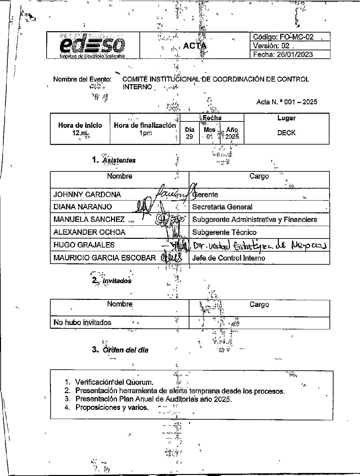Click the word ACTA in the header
tap(194, 46)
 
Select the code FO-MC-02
tap(297, 37)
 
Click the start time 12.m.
tap(80, 133)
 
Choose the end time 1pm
tap(145, 133)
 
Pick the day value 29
tap(189, 137)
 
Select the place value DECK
tap(286, 133)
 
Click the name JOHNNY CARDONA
tap(87, 195)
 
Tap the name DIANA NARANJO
tap(83, 207)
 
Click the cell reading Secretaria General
tap(222, 207)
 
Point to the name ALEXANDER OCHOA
tap(89, 232)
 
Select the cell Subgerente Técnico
tap(224, 232)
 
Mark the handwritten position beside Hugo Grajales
tap(259, 246)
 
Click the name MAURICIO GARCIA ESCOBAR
tap(105, 258)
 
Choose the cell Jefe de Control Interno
tap(229, 258)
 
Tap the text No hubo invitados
tap(82, 323)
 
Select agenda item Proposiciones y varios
tap(112, 408)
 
